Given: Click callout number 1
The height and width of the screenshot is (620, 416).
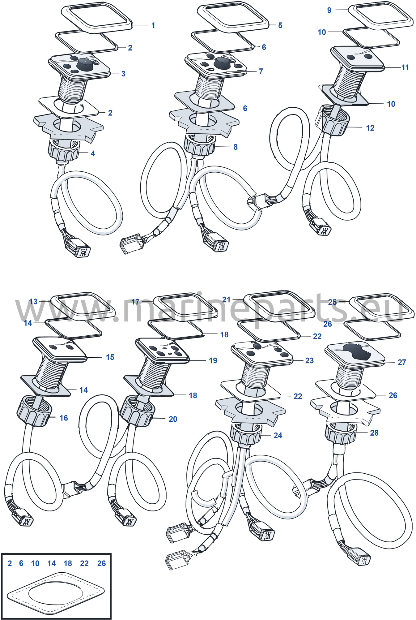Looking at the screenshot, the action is [153, 25].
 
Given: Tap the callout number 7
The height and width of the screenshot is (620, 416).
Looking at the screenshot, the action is [261, 71].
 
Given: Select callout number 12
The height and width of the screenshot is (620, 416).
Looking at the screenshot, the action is [370, 128].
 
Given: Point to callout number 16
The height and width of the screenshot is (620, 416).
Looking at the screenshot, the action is [64, 418].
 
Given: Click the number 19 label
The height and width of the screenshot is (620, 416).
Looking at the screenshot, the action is [213, 360].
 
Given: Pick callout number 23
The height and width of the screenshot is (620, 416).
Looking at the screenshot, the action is [309, 360].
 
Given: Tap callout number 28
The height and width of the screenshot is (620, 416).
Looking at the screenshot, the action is [374, 433].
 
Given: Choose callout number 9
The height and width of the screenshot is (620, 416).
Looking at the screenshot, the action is [329, 10].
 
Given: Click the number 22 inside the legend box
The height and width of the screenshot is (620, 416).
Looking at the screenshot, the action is [84, 563].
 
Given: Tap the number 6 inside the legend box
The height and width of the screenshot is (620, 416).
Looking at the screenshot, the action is [21, 563].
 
